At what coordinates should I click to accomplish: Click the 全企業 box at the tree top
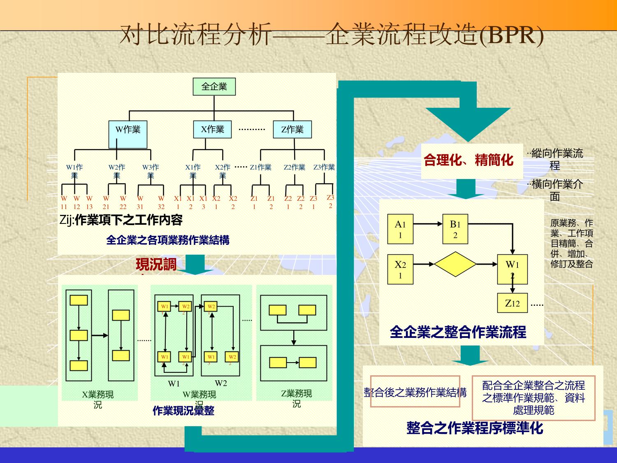tap(214, 86)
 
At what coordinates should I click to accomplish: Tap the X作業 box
tap(213, 129)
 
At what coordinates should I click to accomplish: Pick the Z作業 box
tap(292, 130)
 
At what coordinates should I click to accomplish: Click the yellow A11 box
tap(400, 229)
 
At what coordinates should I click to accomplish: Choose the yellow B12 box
tap(455, 229)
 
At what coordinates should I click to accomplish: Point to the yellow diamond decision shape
tap(455, 264)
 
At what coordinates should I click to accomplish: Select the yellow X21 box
tap(400, 270)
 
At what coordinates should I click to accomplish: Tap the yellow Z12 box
tap(512, 304)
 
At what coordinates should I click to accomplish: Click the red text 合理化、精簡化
tap(469, 160)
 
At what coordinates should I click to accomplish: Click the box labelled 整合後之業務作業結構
tap(415, 392)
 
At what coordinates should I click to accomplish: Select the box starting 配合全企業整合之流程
tap(533, 398)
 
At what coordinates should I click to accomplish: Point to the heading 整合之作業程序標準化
tap(475, 428)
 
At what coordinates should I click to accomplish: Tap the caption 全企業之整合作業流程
tap(458, 332)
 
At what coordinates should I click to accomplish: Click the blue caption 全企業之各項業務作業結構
tap(168, 240)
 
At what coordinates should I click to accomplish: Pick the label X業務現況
tap(97, 399)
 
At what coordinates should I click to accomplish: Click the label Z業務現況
tap(297, 398)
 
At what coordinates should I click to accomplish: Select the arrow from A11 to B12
tap(428, 224)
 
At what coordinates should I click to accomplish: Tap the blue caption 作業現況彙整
tap(183, 411)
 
